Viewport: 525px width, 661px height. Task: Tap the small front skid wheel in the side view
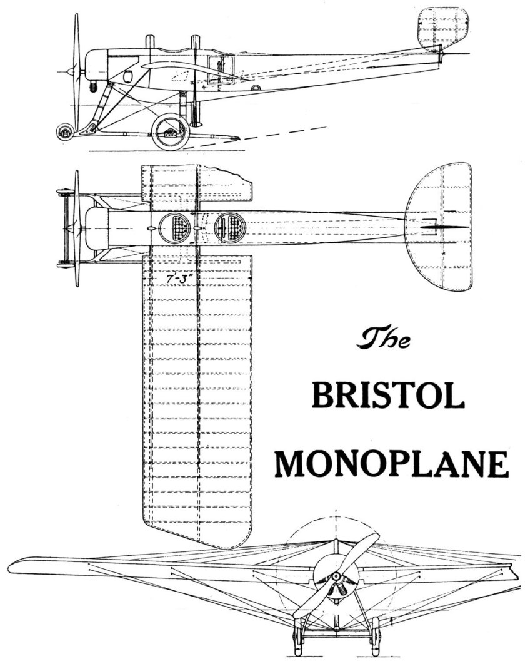63,132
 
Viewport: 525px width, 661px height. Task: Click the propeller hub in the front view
336,575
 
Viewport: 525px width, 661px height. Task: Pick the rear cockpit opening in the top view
228,228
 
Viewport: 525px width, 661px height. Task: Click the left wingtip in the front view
19,559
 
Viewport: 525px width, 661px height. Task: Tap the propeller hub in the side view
74,70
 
